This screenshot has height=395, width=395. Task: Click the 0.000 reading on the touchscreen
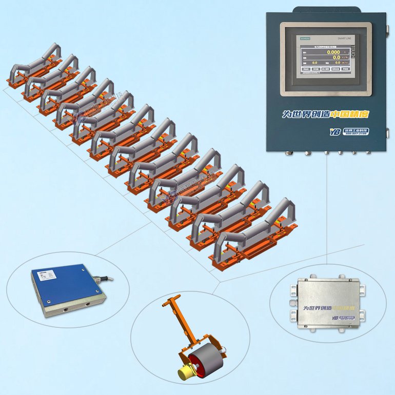[333, 52]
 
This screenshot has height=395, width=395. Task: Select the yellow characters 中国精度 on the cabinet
[349, 114]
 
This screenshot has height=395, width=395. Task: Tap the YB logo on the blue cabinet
[335, 132]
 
